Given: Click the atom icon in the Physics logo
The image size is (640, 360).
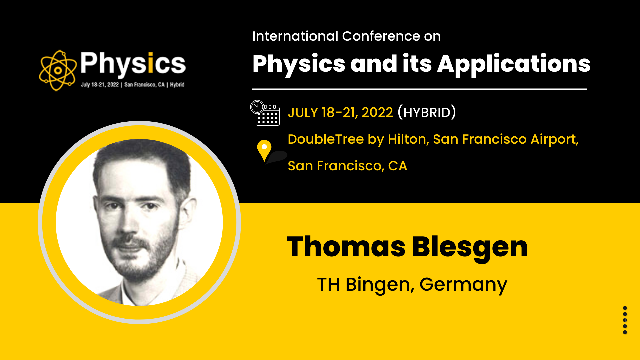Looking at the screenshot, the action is pos(57,70).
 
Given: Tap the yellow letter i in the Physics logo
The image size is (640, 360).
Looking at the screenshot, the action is pos(150,63).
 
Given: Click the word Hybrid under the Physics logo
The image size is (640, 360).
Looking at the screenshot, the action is pos(177,85).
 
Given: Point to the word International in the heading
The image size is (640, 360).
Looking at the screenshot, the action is pos(295,36).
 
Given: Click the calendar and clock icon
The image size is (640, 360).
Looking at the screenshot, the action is pos(265,113).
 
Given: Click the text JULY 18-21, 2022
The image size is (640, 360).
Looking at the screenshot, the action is pos(340,113).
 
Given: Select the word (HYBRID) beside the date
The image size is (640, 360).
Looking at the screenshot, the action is pos(427,112).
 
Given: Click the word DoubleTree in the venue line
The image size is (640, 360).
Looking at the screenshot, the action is pos(326,139).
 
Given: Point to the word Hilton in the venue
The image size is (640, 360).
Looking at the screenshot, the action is pos(409,139).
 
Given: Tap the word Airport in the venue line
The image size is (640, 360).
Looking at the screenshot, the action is pos(555,139).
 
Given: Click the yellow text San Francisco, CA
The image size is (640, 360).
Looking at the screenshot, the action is pos(347,166).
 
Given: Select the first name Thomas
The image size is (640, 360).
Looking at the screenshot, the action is pos(346,247).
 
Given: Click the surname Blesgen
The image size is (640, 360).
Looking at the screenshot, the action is pos(470,248).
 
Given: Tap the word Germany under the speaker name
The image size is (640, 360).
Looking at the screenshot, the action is pos(463,285).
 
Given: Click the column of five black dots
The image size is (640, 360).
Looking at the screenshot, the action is pos(625,320).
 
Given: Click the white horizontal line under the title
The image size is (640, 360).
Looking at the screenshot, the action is pos(419,89).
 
